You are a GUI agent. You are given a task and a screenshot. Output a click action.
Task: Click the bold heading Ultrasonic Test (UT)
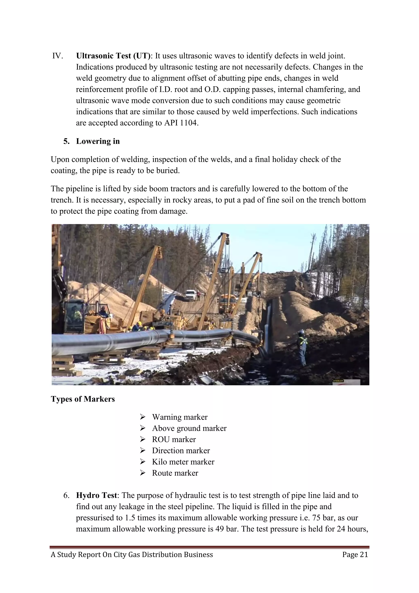113,56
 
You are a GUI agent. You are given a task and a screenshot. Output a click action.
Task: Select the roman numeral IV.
57,56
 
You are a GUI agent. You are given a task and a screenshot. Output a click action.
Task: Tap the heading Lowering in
98,141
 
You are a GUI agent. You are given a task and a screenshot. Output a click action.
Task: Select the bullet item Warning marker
180,417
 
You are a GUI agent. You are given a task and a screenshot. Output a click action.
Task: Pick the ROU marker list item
174,439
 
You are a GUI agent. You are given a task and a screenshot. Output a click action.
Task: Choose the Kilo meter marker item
183,462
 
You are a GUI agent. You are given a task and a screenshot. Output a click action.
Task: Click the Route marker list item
175,473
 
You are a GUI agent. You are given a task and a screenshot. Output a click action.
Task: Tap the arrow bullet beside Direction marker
143,450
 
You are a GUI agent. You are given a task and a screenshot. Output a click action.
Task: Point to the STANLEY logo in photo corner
338,381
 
